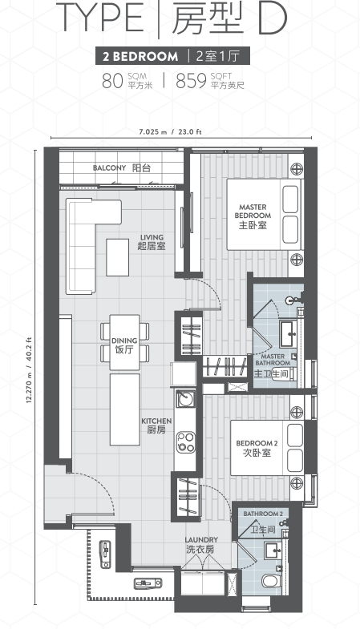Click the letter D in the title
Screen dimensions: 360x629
273,18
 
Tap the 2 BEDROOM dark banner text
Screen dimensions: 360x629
140,56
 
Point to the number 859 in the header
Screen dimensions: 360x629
191,81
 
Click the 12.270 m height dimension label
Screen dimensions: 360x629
29,370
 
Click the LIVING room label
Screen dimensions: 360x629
152,241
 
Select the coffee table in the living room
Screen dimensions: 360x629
118,257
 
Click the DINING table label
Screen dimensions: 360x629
124,345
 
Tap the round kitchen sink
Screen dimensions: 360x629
186,399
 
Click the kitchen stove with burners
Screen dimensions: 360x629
185,442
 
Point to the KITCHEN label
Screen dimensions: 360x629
156,425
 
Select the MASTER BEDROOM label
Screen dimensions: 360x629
253,216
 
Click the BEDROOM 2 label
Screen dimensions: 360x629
257,448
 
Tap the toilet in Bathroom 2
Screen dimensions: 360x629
271,581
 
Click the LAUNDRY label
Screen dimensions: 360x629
201,545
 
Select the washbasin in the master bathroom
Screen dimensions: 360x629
288,334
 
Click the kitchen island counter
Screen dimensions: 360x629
125,409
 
